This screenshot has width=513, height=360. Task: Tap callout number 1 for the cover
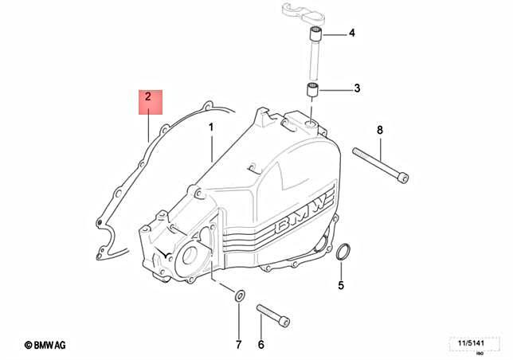tap(211, 127)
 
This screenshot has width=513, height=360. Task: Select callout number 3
tap(357, 88)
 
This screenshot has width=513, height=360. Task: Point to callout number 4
tap(351, 33)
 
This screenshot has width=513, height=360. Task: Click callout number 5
tap(341, 285)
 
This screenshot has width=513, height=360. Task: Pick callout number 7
tap(238, 344)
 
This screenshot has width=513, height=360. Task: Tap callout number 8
tap(380, 130)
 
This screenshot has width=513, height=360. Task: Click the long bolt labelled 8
tap(382, 166)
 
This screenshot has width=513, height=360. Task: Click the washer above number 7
tap(238, 295)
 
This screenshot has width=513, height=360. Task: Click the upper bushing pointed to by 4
tap(316, 34)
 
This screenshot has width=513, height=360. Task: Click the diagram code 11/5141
tap(469, 343)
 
